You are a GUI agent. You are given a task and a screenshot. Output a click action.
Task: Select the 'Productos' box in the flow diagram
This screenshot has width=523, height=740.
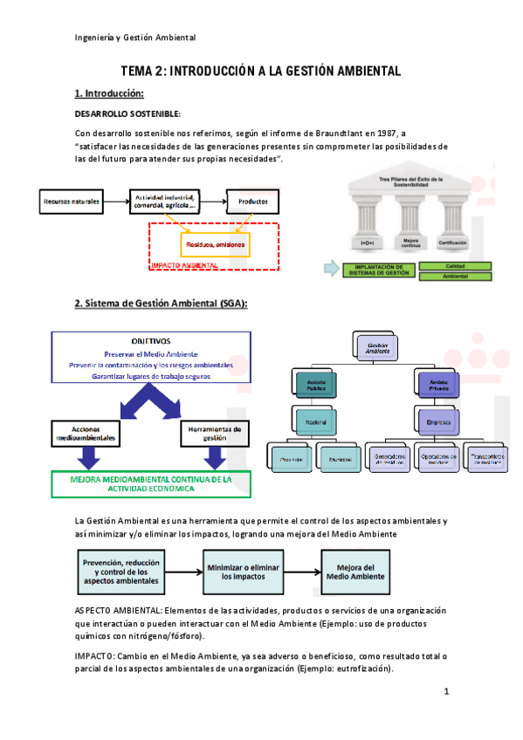pyautogui.click(x=253, y=202)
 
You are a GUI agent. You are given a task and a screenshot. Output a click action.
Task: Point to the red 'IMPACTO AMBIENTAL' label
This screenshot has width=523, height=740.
pyautogui.click(x=183, y=264)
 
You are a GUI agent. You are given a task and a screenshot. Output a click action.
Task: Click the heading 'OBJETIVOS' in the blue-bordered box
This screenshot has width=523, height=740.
pyautogui.click(x=151, y=341)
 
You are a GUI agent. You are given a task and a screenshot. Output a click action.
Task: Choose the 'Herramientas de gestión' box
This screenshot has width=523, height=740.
pyautogui.click(x=215, y=433)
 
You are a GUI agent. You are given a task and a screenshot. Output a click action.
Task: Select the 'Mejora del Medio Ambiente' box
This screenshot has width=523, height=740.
pyautogui.click(x=355, y=572)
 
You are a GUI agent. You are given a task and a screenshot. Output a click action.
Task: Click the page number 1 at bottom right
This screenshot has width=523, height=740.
pyautogui.click(x=446, y=692)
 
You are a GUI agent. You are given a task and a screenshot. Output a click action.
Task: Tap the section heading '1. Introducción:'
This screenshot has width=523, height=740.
pyautogui.click(x=109, y=93)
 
